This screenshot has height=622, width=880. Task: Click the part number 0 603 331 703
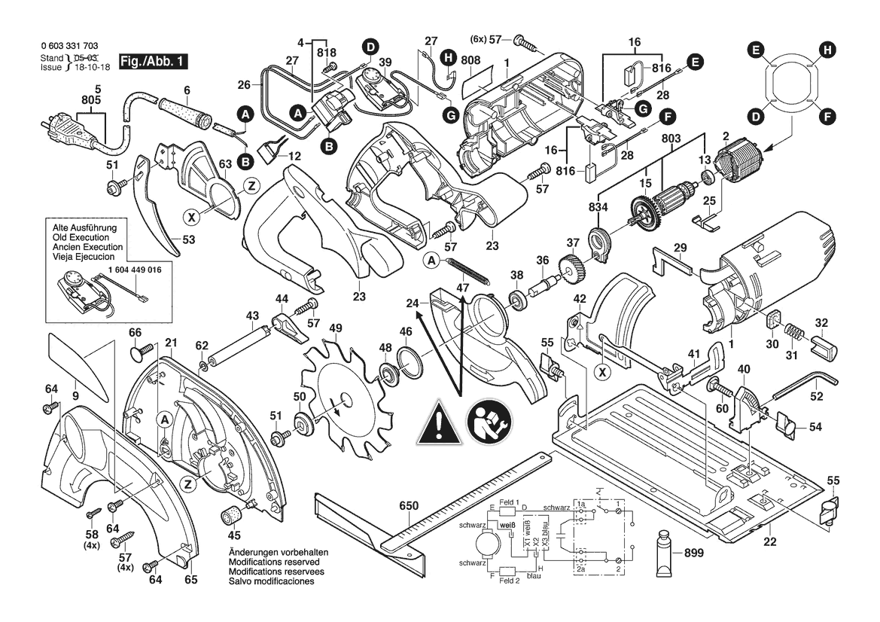pos(69,47)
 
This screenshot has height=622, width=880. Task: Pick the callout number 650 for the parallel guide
pos(408,506)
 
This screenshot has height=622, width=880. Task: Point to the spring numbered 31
pos(791,331)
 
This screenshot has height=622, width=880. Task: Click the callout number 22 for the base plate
pos(769,541)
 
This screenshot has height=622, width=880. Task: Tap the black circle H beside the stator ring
pos(827,50)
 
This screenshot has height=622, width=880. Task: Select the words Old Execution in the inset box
pos(80,236)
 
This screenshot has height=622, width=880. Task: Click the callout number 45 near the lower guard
pos(235,535)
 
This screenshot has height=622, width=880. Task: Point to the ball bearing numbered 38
pos(517,300)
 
